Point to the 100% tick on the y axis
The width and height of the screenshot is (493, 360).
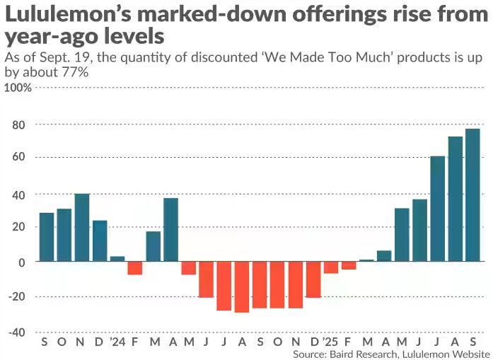click(x=19, y=88)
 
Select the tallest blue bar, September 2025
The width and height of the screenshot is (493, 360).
click(x=472, y=194)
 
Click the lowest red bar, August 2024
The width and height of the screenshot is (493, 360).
click(x=242, y=286)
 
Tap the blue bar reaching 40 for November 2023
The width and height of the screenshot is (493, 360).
click(x=82, y=227)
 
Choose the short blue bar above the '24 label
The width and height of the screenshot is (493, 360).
click(x=117, y=259)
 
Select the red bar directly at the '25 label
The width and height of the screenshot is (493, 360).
click(x=331, y=267)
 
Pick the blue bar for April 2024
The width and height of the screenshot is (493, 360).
click(x=170, y=230)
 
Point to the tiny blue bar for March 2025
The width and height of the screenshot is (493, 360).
click(x=366, y=260)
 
